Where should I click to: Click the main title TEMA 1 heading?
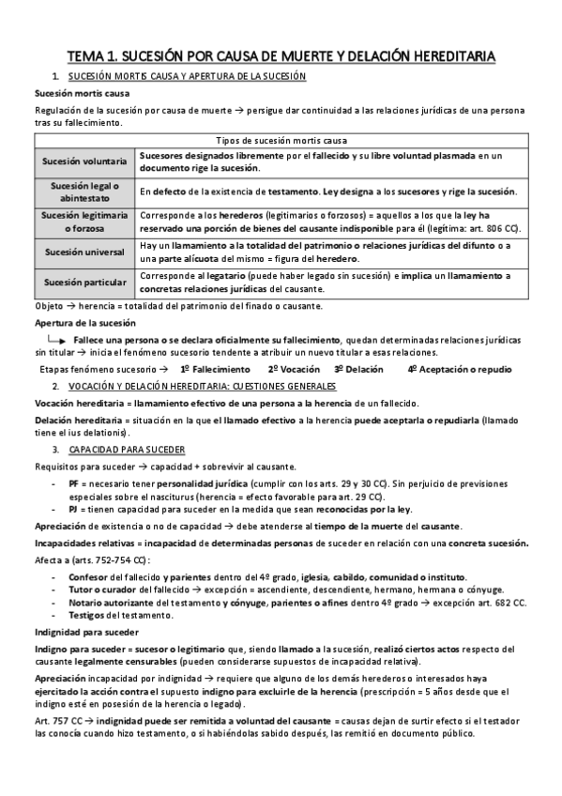(281, 56)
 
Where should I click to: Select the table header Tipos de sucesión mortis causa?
(281, 138)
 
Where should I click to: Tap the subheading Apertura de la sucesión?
(72, 322)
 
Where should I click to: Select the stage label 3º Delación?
(359, 370)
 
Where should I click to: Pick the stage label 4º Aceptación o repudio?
(460, 370)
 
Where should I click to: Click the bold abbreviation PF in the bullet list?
(74, 482)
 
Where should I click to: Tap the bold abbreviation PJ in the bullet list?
(74, 510)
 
